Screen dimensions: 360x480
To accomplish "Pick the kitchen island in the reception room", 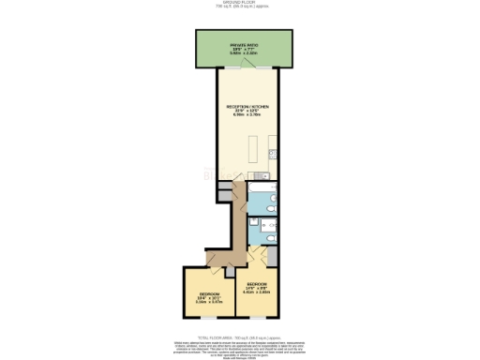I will pyautogui.click(x=252, y=147).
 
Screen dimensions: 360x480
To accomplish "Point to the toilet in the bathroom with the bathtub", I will pyautogui.click(x=268, y=201).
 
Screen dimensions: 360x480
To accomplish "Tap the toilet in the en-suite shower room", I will pyautogui.click(x=269, y=239).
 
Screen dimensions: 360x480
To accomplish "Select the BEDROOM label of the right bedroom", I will pyautogui.click(x=257, y=283).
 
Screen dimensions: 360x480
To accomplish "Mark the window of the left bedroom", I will pyautogui.click(x=208, y=323).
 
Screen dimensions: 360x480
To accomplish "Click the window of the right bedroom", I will pyautogui.click(x=257, y=313).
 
